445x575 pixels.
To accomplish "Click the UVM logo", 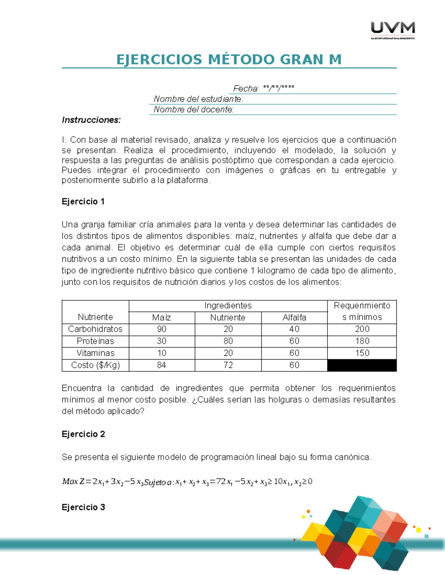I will point(393,30).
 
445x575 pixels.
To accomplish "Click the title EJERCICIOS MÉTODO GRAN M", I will point(229,60).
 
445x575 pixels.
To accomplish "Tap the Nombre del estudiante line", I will point(198,99).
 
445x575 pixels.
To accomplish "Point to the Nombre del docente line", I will point(194,109).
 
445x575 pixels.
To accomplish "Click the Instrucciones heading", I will point(91,120).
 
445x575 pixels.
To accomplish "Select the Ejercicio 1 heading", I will point(83,201).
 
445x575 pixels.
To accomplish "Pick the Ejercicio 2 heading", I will point(83,434).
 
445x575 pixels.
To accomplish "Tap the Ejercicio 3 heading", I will point(83,507).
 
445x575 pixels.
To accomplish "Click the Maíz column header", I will point(161,317).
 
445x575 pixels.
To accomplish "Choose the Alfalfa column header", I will point(294,317).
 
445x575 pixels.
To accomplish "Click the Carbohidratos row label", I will point(95,329).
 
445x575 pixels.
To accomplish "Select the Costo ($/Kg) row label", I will point(95,365).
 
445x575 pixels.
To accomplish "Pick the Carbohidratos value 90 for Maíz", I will point(161,329).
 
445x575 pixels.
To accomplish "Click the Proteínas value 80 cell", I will point(228,341).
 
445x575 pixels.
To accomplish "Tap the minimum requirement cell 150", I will point(362,353).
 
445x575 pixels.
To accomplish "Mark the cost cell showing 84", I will point(161,365).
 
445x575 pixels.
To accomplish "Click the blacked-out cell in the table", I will point(362,365).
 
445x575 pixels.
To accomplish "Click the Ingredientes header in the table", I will point(228,305).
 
